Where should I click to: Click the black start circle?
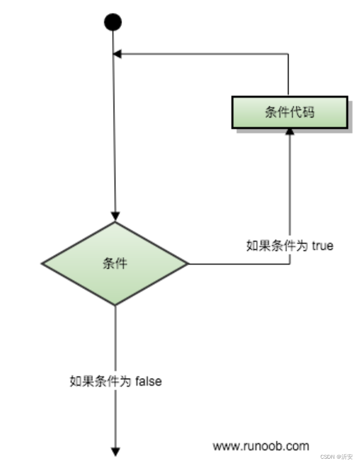113,22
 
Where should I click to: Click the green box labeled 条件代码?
289,113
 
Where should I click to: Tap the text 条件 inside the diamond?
115,263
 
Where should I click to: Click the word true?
322,246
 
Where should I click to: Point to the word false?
148,382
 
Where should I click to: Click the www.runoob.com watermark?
261,446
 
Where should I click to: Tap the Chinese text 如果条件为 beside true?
277,246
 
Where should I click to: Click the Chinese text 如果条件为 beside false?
101,382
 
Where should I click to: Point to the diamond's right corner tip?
187,263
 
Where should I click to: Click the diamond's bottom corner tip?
115,305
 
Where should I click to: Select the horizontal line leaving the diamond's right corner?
238,263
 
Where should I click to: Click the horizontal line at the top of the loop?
205,54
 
